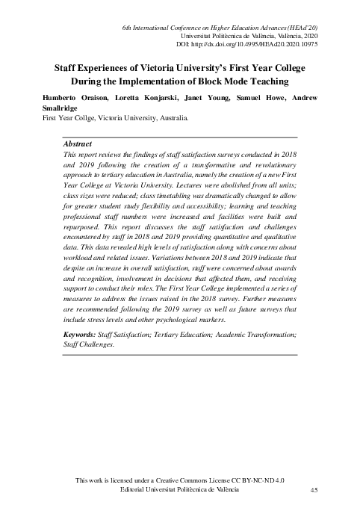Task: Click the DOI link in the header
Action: [x=253, y=45]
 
